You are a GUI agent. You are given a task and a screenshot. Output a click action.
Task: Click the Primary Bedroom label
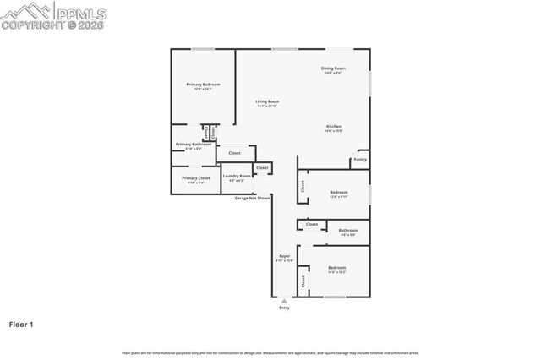point(203,85)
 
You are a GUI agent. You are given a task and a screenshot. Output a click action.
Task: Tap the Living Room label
point(267,101)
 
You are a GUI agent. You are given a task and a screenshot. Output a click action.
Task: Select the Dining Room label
point(333,68)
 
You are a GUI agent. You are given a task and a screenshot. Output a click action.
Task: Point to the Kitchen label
point(333,127)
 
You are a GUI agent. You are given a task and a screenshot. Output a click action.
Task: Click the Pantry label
point(360,159)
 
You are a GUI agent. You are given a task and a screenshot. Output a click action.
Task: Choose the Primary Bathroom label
point(194,145)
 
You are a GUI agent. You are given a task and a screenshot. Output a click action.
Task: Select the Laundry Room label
point(237,177)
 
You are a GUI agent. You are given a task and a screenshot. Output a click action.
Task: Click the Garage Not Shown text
point(253,198)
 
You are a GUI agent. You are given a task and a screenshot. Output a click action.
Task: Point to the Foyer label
point(285,256)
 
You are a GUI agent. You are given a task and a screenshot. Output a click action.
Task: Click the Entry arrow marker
point(284,300)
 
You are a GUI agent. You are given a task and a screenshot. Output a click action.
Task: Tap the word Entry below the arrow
point(284,308)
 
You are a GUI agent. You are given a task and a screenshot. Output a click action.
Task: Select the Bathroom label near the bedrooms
point(348,231)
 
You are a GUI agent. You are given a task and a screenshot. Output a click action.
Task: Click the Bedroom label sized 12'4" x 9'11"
point(338,194)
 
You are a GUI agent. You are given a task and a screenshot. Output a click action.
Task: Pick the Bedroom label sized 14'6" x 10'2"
point(336,268)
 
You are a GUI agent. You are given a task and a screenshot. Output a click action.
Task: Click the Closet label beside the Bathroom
point(312,224)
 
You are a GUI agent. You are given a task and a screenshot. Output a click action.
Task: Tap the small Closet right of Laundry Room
point(262,168)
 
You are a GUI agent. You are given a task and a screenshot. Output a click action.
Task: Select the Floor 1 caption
point(21,324)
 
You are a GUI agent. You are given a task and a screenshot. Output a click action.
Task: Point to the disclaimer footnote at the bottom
point(270,352)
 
